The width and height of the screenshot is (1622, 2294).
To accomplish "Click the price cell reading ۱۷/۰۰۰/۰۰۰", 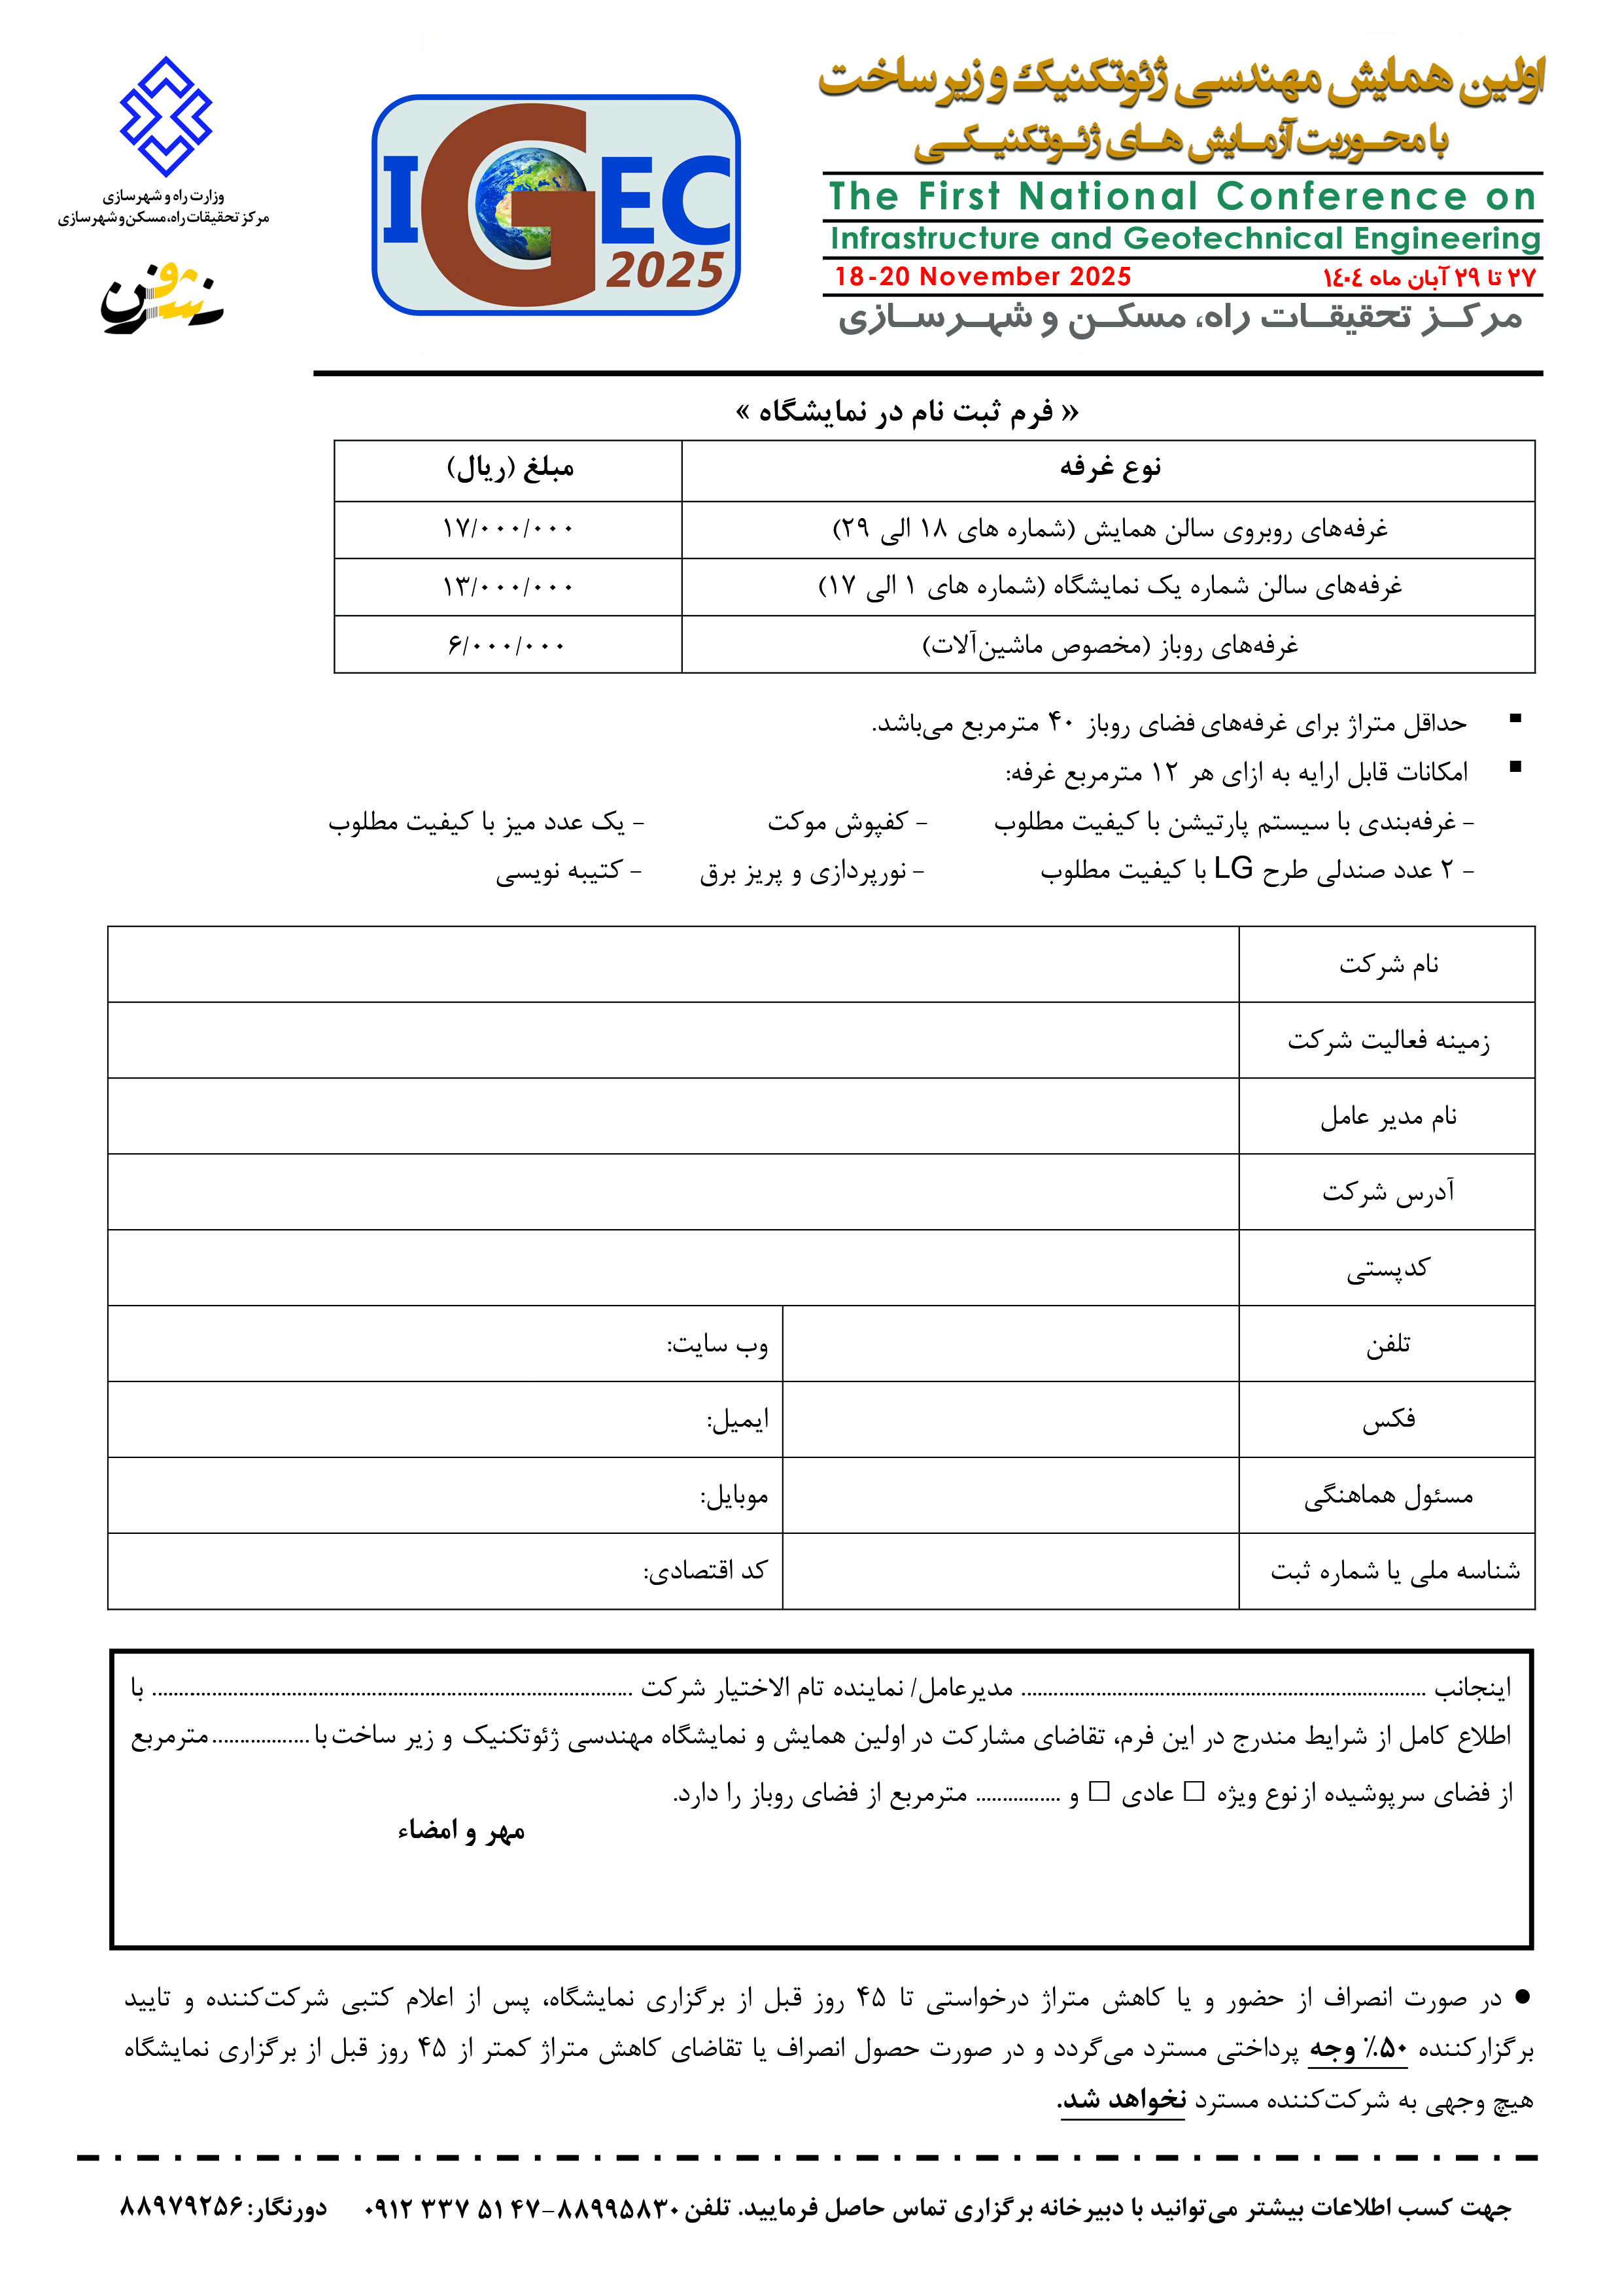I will point(508,529).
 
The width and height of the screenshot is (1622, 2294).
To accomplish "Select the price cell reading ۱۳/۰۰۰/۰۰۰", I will point(508,587).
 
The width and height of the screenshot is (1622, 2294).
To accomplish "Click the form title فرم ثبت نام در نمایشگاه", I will point(907,411).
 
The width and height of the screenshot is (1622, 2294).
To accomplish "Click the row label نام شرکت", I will point(1389,965).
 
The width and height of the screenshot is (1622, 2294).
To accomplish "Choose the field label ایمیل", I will point(738,1421).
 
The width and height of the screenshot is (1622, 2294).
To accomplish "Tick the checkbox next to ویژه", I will point(1194,1792).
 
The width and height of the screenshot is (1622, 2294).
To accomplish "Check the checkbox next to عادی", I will point(1099,1792).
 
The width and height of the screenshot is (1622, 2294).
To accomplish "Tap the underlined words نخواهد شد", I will point(1122,2100).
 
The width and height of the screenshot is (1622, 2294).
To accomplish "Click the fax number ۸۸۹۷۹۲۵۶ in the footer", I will point(182,2206).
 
